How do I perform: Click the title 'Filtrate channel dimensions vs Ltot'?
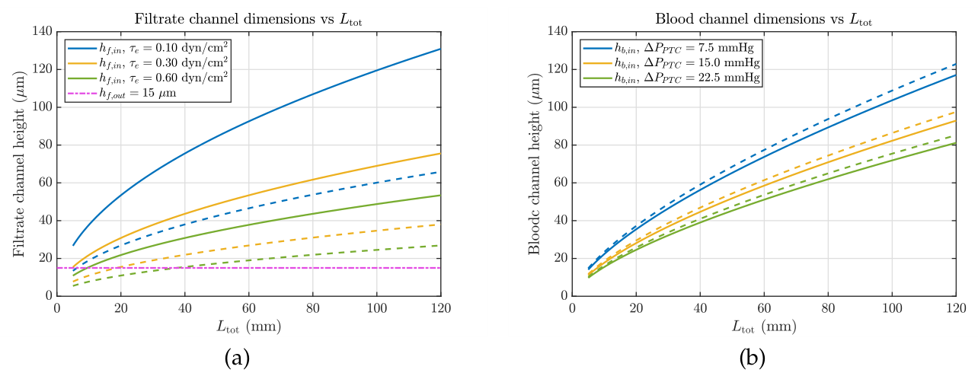coord(248,19)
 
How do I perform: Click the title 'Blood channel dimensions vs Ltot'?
coord(764,19)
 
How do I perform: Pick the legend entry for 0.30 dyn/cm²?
coord(148,63)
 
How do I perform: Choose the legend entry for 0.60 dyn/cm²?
coord(148,78)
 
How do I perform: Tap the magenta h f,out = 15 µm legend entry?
coord(122,94)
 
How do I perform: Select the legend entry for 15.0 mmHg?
coord(672,63)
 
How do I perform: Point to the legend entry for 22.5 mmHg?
coord(672,78)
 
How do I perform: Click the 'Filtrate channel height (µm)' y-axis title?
coord(19,164)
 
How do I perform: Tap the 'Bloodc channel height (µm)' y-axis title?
coord(535,164)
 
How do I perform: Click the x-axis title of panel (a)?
coord(249,327)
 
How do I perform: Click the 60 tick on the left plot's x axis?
coord(249,308)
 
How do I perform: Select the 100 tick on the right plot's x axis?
coord(892,308)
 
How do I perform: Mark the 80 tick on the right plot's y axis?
coord(560,145)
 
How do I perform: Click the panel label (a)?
coord(237,358)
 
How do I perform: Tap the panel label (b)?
coord(753,358)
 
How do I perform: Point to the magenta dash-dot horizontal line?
coord(249,268)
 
